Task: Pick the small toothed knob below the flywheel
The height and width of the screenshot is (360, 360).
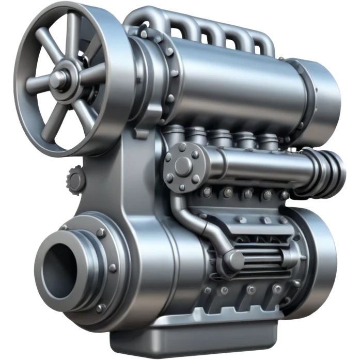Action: (x=76, y=179)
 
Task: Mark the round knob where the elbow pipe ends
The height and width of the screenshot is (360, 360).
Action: (x=235, y=259)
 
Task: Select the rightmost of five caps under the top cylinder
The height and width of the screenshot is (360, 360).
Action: (x=269, y=141)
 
